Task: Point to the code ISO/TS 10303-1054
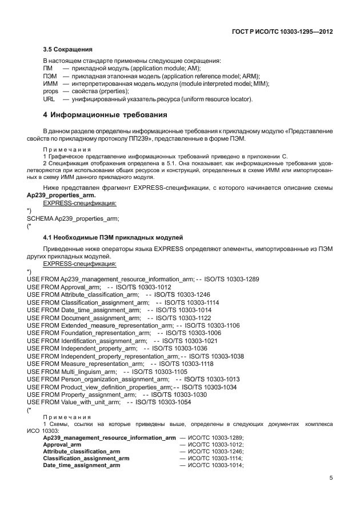coord(163,402)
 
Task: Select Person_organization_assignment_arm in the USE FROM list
coord(115,379)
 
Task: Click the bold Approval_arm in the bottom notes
coord(62,444)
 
